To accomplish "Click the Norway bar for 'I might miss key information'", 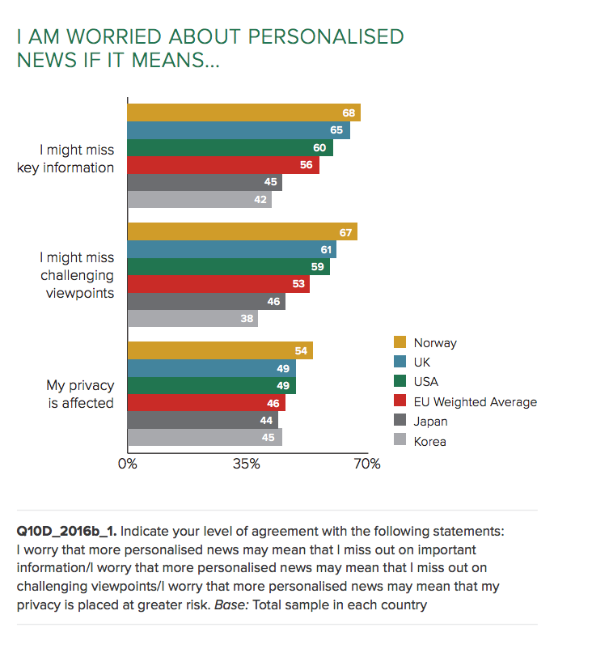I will coord(243,112).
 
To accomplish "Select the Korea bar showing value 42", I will coord(199,200).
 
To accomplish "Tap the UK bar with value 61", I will coord(231,250).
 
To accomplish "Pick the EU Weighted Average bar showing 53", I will coord(218,284).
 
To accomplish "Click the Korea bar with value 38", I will coord(192,318).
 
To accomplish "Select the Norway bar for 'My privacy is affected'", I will coord(220,350).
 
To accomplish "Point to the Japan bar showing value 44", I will coord(203,421).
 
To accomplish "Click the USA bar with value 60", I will coord(230,148).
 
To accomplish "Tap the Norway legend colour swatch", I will coord(400,343).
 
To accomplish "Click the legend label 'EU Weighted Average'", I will coord(475,401).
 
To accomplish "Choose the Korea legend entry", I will coord(429,441).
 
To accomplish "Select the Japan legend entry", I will coord(430,421).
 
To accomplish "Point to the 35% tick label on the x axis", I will coord(247,464).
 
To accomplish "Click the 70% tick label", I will coord(366,464).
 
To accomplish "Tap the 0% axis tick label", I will coord(128,464).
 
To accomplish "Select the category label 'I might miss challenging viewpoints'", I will coord(77,275).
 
